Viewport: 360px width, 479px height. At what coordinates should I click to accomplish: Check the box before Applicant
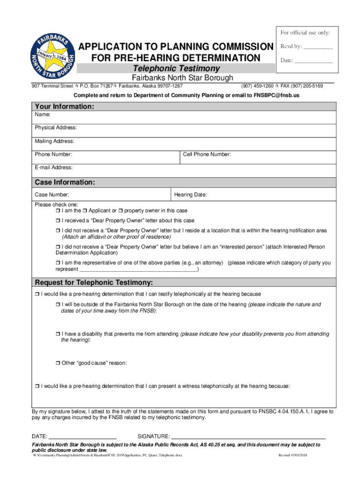pos(85,211)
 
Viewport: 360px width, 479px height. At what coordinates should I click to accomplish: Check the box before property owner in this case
pos(121,211)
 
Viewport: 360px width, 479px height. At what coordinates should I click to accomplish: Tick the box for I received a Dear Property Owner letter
pos(58,221)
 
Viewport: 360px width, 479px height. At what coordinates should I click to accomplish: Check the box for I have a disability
pos(58,334)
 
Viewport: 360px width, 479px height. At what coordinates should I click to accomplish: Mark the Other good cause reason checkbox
pos(58,363)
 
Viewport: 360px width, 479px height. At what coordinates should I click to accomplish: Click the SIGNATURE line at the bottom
pos(248,435)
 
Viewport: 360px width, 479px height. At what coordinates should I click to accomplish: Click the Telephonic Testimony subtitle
pos(176,69)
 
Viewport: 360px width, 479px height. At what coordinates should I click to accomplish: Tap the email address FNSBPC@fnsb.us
pos(276,95)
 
